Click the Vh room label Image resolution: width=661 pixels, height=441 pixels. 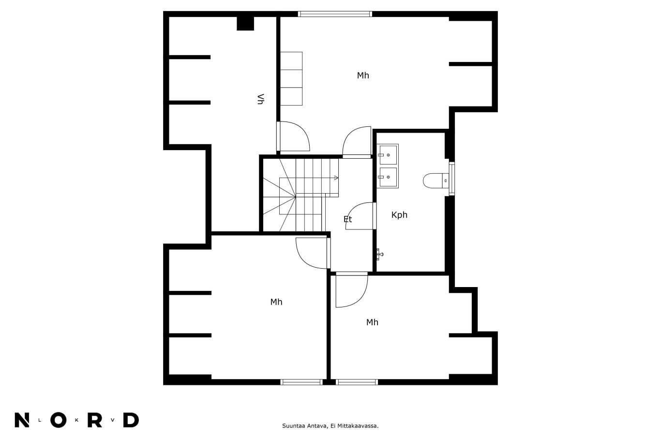260,99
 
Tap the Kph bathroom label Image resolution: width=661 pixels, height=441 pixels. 399,215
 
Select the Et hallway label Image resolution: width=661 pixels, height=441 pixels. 347,219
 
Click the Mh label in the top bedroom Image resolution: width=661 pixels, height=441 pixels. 363,76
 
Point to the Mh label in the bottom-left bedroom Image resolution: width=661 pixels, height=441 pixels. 276,302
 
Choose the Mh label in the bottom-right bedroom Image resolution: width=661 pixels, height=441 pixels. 372,322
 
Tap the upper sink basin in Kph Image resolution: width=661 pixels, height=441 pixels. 388,155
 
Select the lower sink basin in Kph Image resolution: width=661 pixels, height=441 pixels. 388,177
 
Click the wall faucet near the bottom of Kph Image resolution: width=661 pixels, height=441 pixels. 380,254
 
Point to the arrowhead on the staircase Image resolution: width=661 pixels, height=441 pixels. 336,178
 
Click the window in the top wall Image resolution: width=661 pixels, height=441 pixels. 335,14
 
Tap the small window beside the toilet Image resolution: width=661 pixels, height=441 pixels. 451,179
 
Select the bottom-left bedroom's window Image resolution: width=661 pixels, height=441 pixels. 301,382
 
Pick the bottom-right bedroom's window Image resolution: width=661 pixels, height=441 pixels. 357,382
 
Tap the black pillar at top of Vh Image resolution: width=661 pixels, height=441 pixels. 245,23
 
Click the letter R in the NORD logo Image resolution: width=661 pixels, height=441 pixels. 95,420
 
